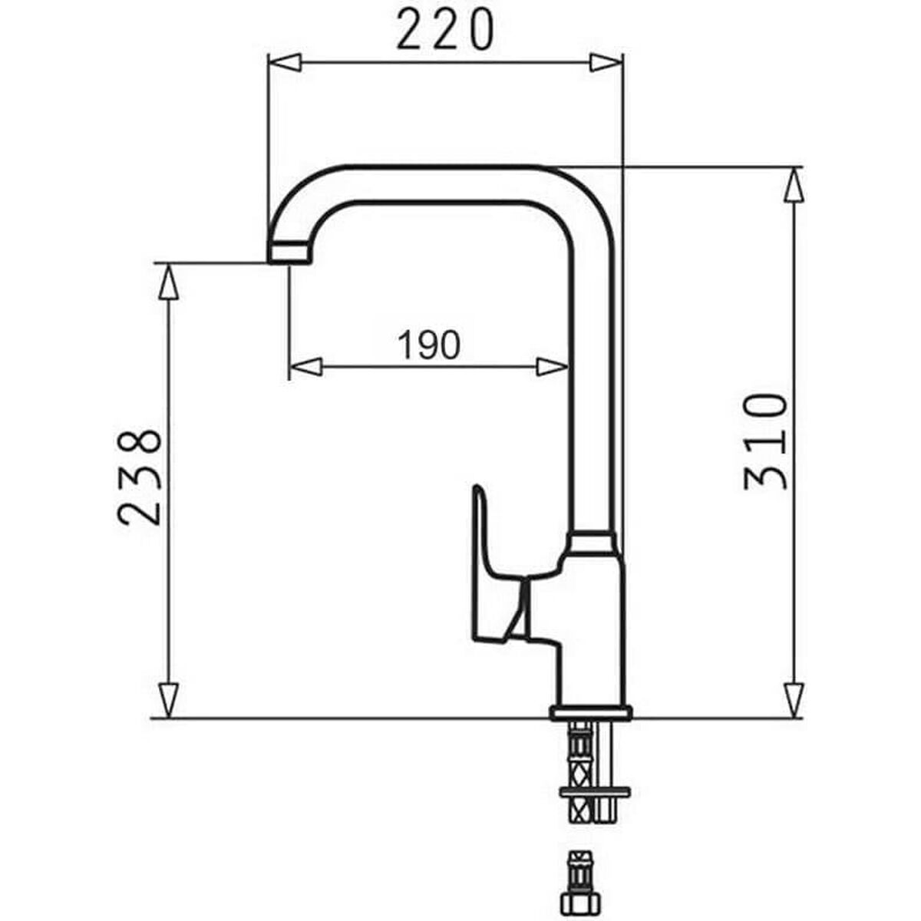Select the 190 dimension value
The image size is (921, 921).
pos(429,345)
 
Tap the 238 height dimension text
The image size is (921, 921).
pos(140,477)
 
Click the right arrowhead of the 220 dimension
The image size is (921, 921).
pos(606,62)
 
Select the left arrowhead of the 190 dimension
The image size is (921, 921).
pos(305,367)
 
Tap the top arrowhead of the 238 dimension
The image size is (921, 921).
pos(167,282)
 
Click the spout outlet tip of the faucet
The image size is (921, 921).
pos(290,253)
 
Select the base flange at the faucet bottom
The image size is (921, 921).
pos(591,713)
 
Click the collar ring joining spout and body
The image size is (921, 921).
pos(591,543)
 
